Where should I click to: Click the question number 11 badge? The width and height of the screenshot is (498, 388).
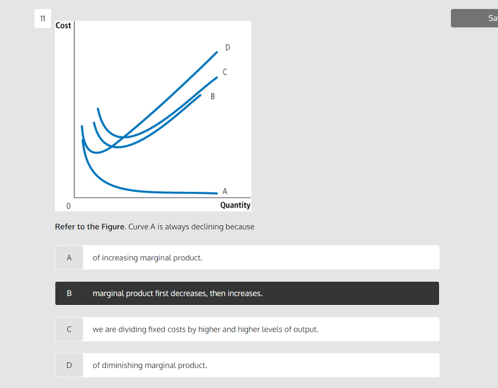coord(42,19)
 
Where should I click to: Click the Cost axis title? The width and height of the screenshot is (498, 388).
coord(63,25)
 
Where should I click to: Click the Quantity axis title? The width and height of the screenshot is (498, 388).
coord(235,205)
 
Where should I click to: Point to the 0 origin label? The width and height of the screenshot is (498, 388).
coord(68,206)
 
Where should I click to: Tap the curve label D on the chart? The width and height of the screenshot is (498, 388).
coord(228,48)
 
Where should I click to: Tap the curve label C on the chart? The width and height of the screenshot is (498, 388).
coord(224,72)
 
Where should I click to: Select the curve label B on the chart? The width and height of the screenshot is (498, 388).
coord(213,96)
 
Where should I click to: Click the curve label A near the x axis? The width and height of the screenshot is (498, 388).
coord(224,191)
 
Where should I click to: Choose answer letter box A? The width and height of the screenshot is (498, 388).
coord(69,258)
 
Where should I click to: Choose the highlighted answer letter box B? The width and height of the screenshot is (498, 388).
coord(69,293)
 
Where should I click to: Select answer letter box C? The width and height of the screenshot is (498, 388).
coord(69,329)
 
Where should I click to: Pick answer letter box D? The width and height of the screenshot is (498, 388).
coord(69,365)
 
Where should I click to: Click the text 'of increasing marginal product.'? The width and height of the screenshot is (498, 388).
coord(147,258)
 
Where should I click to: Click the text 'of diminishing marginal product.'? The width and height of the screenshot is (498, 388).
coord(150,365)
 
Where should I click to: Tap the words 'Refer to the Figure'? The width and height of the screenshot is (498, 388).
coord(90,227)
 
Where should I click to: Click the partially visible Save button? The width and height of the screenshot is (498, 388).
coord(475,18)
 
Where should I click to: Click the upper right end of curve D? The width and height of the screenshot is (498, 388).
coord(216,51)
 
